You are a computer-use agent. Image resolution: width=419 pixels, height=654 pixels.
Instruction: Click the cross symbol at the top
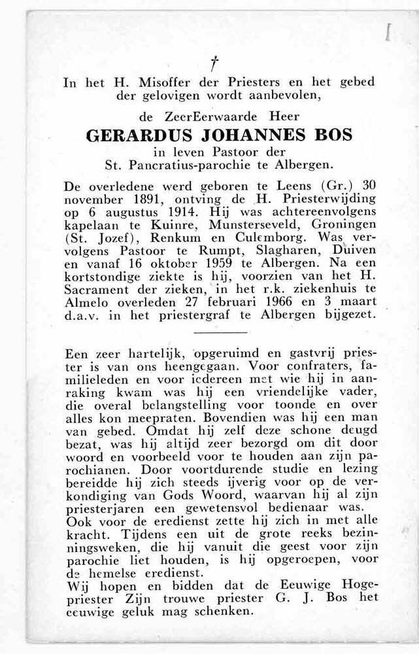pyautogui.click(x=212, y=63)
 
